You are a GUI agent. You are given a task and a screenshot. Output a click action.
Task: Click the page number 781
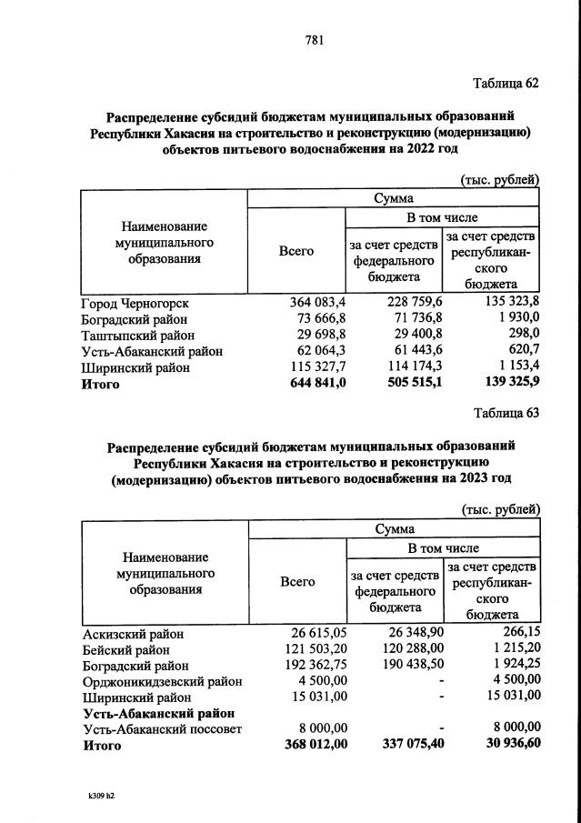(x=314, y=39)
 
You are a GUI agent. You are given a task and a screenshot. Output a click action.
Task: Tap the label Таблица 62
(x=506, y=84)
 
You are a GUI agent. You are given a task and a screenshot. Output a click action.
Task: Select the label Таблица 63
(x=506, y=413)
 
